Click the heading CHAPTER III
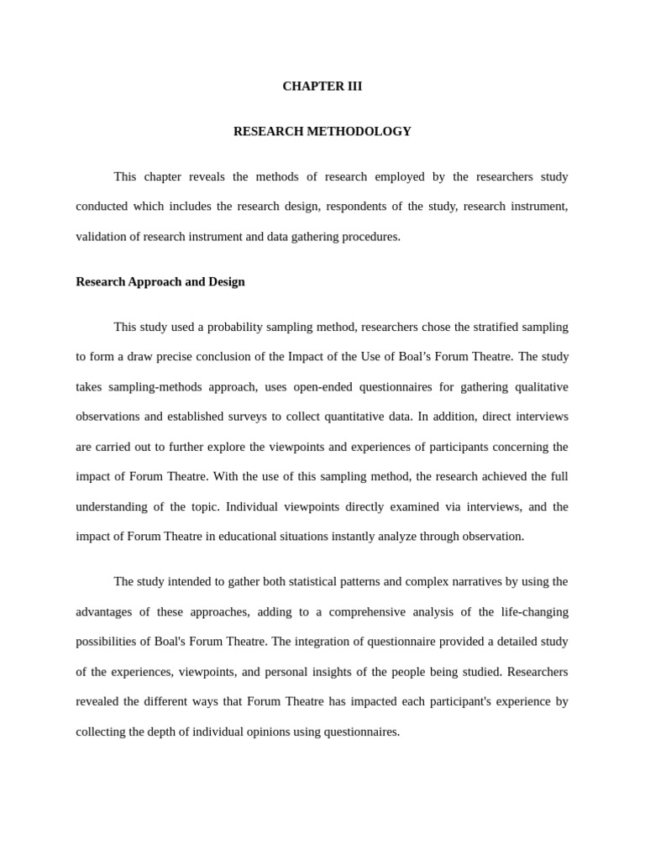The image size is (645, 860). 322,87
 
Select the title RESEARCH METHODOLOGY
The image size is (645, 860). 322,132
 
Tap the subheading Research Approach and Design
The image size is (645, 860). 160,282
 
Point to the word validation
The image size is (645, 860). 106,237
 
